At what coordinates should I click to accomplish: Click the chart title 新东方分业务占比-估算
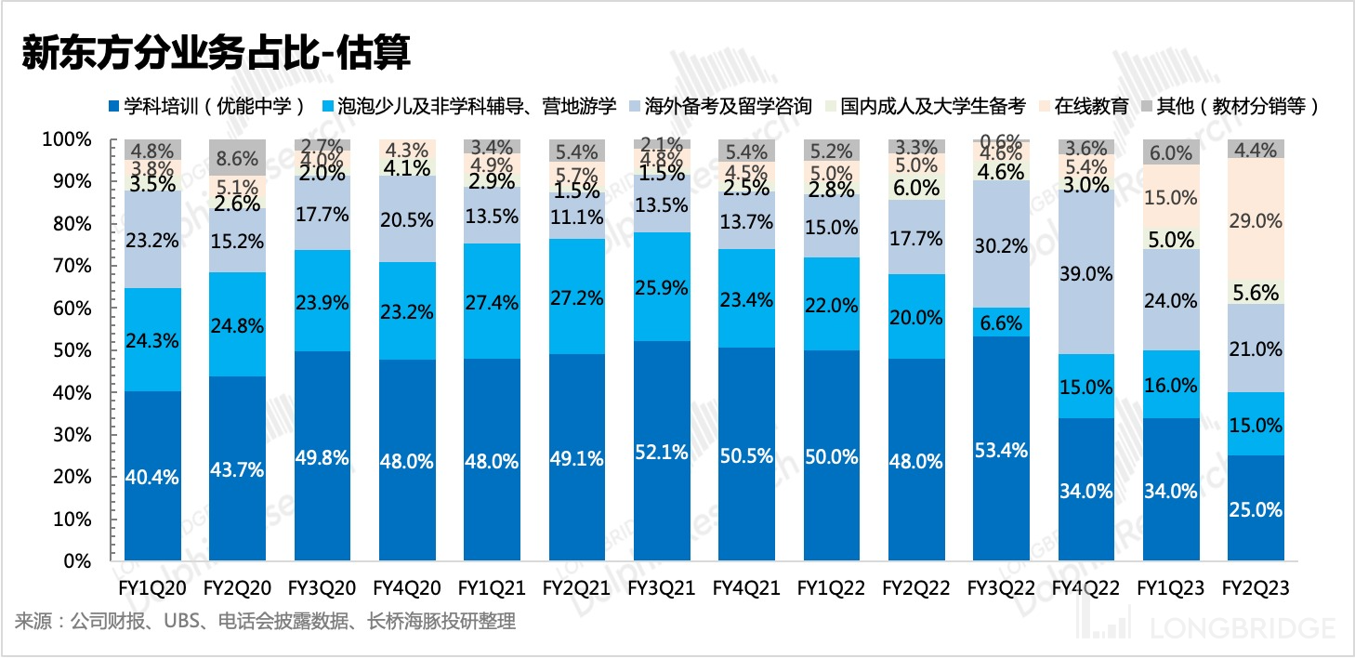216,53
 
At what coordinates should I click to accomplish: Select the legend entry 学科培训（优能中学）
209,106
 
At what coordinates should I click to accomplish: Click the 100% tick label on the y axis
67,139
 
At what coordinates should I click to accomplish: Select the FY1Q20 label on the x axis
152,588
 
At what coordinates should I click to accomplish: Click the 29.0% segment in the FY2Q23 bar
1256,221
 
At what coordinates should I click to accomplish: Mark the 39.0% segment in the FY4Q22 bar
1085,273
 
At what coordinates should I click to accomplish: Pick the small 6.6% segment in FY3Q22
1000,322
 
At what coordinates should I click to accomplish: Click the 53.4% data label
1000,451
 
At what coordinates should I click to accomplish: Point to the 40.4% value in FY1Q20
152,478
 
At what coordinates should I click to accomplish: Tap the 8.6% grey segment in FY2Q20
238,157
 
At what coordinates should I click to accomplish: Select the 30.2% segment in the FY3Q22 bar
1000,246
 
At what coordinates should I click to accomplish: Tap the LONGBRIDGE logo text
1242,628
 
